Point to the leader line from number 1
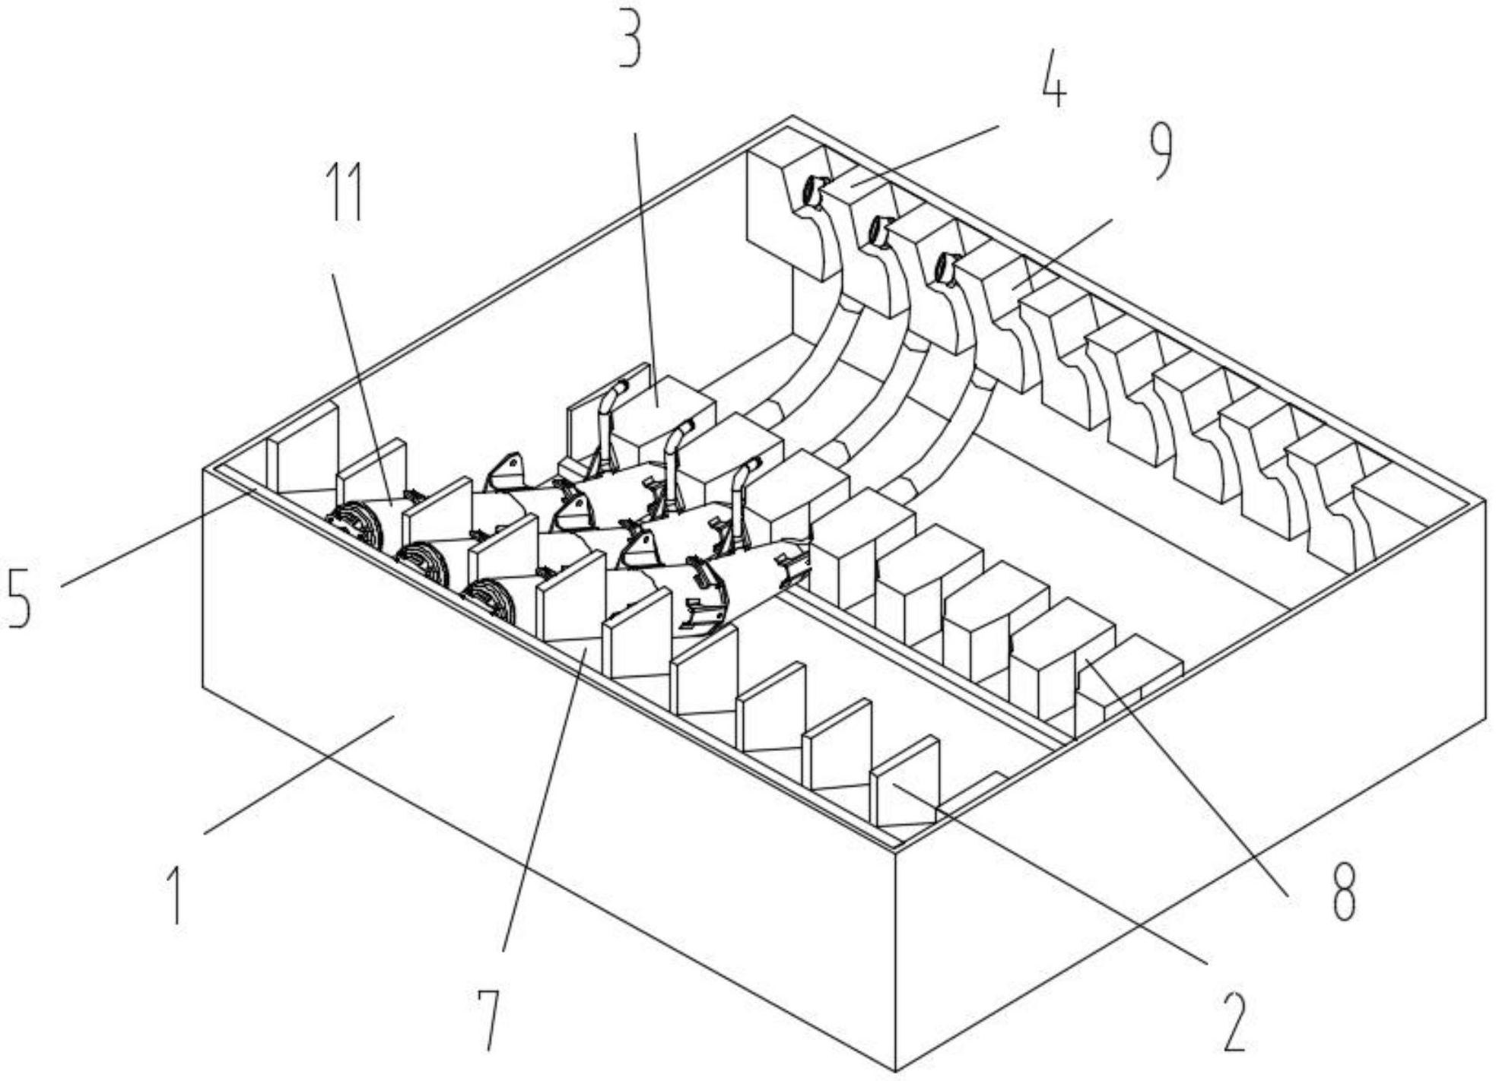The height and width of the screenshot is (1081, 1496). pos(299,774)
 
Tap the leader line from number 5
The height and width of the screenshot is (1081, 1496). pos(157,539)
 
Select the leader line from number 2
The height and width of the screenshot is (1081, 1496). pos(1050,873)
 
